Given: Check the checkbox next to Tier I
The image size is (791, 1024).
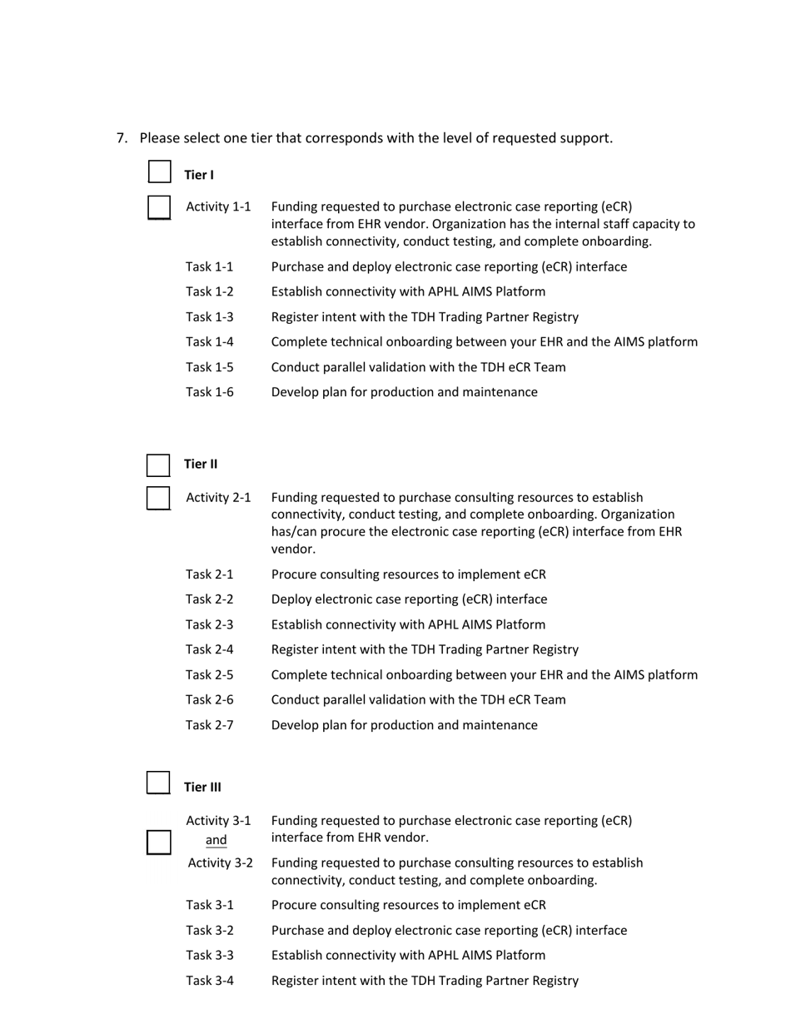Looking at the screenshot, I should tap(160, 171).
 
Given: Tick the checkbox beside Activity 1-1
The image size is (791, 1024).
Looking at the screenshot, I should tap(159, 207).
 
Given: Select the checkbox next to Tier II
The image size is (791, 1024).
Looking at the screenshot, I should tap(158, 465).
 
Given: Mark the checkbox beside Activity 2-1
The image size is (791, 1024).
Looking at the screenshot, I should tap(158, 498).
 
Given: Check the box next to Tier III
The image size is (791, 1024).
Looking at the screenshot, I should tap(158, 783).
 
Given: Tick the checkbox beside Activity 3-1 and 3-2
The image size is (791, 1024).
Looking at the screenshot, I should tap(159, 843).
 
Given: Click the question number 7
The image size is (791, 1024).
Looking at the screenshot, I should tap(122, 138).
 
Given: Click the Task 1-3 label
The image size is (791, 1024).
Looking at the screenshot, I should tap(210, 317).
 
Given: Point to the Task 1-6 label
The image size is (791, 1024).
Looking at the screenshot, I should tap(210, 392).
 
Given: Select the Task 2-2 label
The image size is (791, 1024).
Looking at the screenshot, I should tap(210, 599).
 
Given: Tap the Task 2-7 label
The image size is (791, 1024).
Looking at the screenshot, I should tap(210, 725).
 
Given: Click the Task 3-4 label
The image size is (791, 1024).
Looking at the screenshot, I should tap(210, 981).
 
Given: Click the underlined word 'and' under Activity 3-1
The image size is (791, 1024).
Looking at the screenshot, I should tap(216, 840).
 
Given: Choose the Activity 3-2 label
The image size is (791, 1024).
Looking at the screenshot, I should tap(221, 862).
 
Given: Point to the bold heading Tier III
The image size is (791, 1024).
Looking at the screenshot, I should tap(202, 787).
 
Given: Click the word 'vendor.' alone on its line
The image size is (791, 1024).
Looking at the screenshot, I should tap(293, 549).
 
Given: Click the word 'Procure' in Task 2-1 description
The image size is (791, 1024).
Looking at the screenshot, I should tap(295, 574).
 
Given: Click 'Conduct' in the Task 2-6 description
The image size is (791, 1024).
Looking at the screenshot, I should tap(296, 700).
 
